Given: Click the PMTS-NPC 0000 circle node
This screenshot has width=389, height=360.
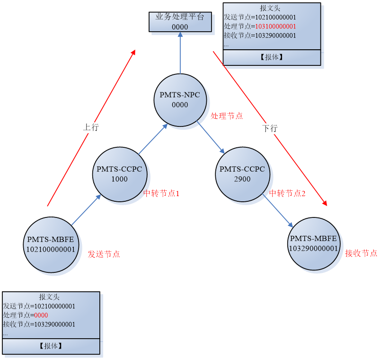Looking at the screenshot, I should (x=180, y=100).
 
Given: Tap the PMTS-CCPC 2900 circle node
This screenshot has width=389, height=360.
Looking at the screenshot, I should (x=242, y=174).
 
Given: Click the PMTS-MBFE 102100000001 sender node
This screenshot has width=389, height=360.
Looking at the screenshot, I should (x=51, y=244).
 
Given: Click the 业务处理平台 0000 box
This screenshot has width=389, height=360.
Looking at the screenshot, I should (x=180, y=22).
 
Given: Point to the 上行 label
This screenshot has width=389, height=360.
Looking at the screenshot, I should (x=91, y=127).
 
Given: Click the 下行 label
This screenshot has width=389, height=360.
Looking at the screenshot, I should (x=270, y=128).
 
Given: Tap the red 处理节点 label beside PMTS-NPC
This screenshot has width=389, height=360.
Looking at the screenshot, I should (x=226, y=116).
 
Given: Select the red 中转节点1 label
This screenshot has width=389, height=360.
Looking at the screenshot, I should (x=161, y=193).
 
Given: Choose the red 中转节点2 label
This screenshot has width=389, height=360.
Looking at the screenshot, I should (x=287, y=193).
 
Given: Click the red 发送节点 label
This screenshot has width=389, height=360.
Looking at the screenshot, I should (x=104, y=254).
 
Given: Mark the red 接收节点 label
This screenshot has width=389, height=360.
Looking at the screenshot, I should (x=361, y=253).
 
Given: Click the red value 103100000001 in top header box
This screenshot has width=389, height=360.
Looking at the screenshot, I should (x=275, y=27).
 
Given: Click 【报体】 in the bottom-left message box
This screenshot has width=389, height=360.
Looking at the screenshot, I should (x=51, y=346).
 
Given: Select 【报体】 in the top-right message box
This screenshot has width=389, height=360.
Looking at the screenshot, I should (x=272, y=57).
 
